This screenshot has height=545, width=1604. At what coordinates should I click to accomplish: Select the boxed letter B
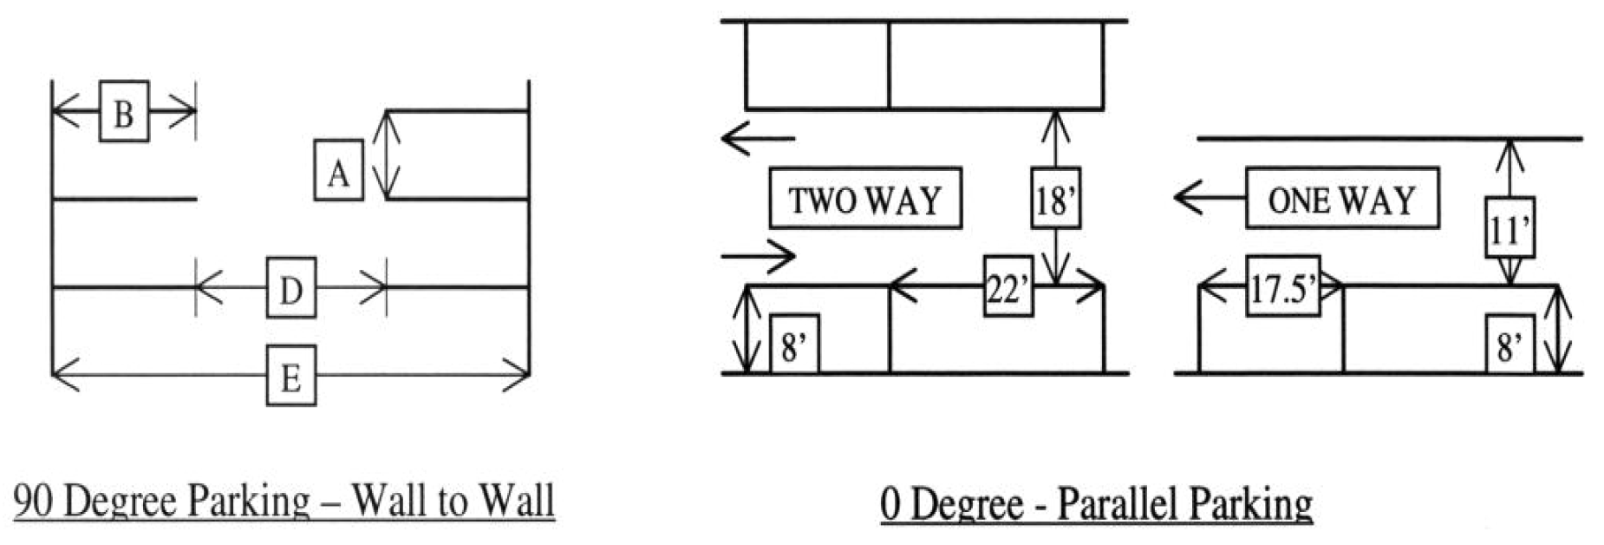coord(124,111)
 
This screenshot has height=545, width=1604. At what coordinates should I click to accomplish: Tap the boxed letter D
coord(290,287)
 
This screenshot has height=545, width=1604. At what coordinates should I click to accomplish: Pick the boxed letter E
coord(290,376)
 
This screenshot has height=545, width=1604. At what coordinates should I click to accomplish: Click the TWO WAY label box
coord(865,199)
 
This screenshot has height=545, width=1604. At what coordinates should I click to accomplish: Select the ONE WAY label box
coord(1341,199)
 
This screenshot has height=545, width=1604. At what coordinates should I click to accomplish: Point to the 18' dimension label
coord(1055,199)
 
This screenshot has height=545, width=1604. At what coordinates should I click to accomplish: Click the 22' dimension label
coord(1007,287)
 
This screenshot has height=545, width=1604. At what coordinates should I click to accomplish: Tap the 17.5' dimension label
coord(1282,286)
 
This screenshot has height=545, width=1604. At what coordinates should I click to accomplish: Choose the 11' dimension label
coord(1509,227)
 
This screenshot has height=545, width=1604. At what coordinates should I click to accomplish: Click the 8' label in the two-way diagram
coord(793,345)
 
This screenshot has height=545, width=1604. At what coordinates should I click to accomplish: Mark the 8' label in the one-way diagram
coord(1509,345)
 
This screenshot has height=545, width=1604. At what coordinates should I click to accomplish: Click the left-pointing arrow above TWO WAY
coord(757,138)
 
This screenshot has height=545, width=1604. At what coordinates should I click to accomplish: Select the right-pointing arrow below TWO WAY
coord(758,256)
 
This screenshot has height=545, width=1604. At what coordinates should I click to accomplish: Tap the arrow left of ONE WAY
coord(1209,198)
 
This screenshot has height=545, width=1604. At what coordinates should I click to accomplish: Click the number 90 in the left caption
coord(35,502)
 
